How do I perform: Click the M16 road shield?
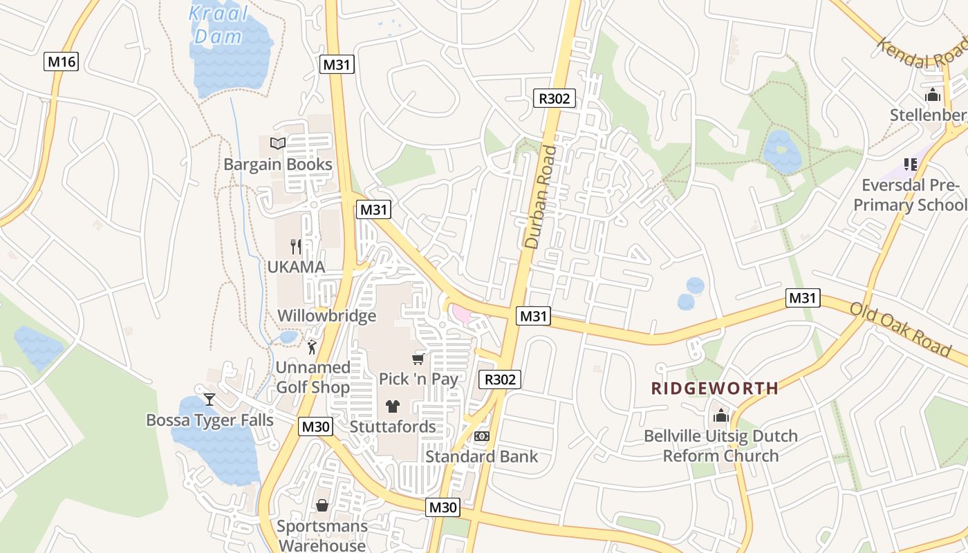(62, 62)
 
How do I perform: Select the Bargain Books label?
(278, 165)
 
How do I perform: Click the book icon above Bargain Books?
(278, 143)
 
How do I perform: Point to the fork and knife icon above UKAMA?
(296, 246)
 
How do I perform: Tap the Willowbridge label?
(327, 316)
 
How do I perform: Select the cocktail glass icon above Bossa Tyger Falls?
(210, 400)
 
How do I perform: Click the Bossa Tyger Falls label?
(210, 420)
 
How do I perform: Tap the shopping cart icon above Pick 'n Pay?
(418, 358)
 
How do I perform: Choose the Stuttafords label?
(393, 427)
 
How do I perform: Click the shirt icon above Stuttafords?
(393, 406)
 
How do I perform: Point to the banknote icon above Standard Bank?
(482, 436)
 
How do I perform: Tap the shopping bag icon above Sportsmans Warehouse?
(322, 506)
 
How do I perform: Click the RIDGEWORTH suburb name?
(715, 388)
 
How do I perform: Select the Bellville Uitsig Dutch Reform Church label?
(720, 446)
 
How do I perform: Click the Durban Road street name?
(541, 196)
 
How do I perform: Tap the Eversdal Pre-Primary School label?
(909, 195)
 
